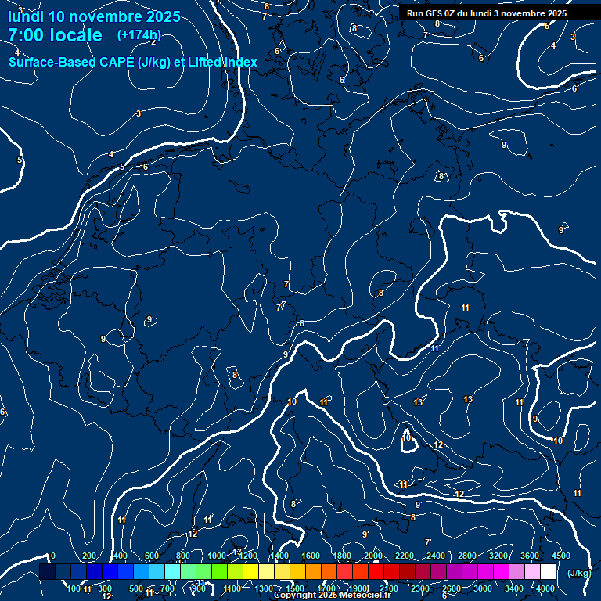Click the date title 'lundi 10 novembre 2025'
tap(94, 16)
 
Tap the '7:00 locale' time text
tap(55, 35)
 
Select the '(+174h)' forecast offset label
tap(139, 35)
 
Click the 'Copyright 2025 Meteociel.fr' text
tap(332, 596)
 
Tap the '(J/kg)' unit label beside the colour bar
tap(579, 573)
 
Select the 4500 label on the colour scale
tap(560, 556)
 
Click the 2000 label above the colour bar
tap(373, 556)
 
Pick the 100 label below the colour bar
tap(74, 588)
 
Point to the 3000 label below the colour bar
tap(482, 588)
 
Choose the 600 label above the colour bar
tap(152, 556)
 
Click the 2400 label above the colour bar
tap(436, 556)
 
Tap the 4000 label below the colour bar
tap(545, 588)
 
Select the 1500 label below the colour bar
tap(295, 588)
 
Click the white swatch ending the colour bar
tap(548, 572)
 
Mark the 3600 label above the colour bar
tap(530, 556)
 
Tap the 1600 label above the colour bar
tap(311, 556)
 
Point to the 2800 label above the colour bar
tap(467, 556)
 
